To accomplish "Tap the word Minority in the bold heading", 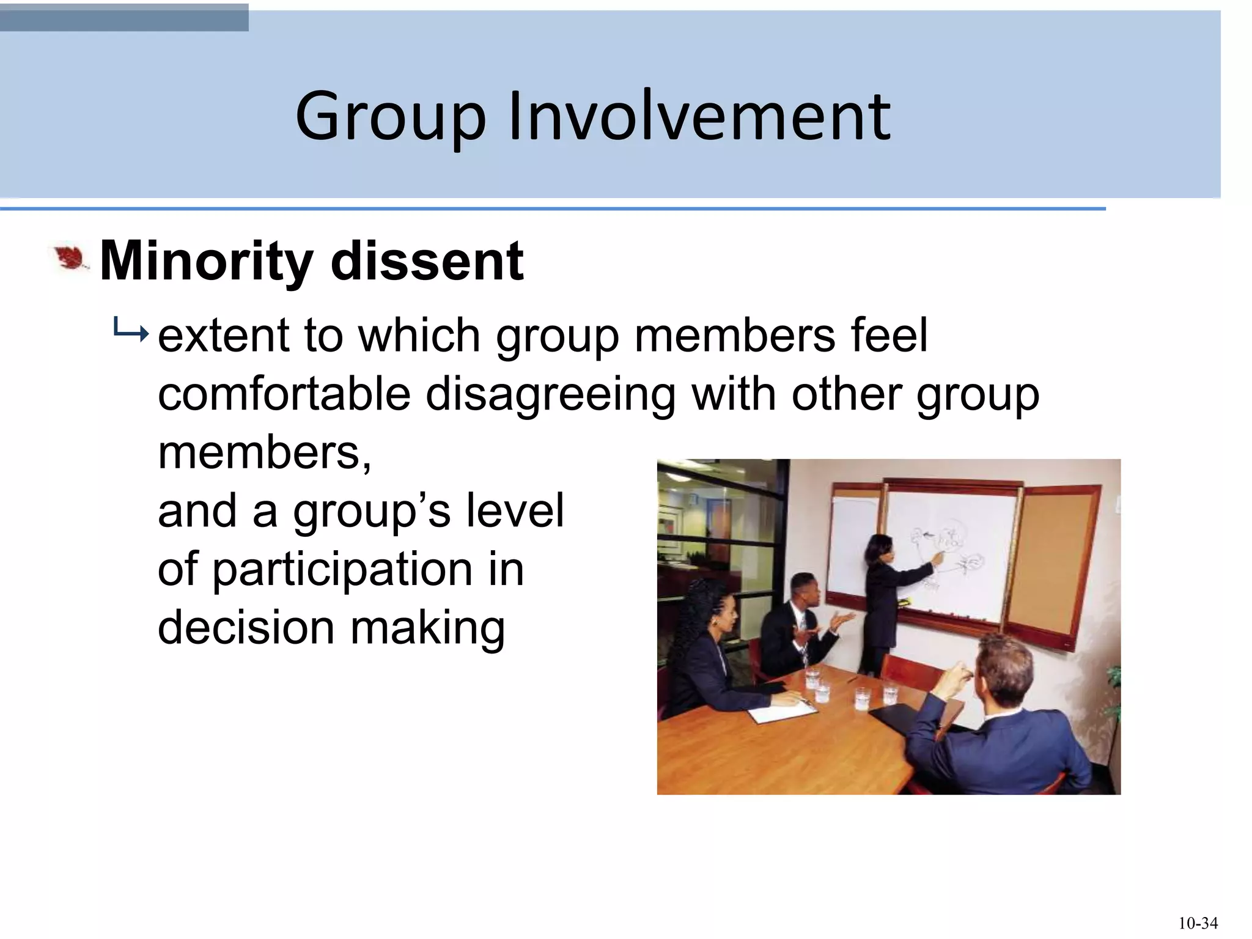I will [206, 262].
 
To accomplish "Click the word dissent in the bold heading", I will [427, 262].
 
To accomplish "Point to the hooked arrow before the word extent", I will [130, 333].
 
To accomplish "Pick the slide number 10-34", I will [1198, 923].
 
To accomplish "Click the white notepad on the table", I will [782, 711].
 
